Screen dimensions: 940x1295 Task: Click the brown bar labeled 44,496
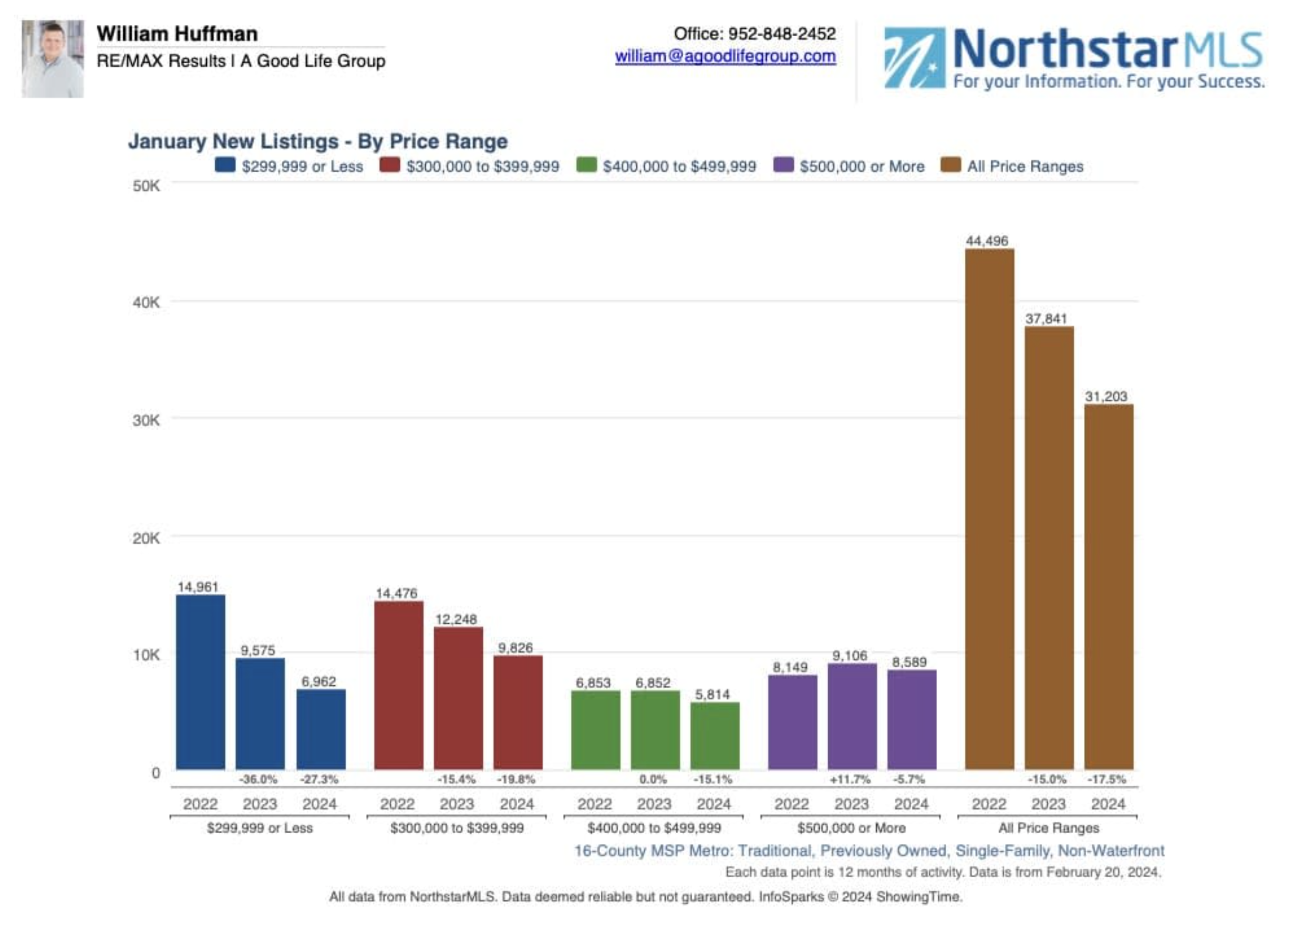coord(989,508)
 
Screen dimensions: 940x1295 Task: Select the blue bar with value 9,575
coord(260,714)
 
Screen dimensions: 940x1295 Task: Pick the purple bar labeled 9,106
coord(852,716)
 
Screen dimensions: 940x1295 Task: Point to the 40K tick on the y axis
coord(146,302)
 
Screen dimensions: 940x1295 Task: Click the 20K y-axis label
coord(146,538)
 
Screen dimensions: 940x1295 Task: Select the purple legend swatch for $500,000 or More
coord(783,165)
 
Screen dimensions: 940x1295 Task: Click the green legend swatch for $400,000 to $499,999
coord(586,165)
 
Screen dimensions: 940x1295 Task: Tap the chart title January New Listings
coord(317,141)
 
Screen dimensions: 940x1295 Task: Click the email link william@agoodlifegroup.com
coord(725,56)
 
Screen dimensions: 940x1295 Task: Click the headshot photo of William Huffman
coord(53,59)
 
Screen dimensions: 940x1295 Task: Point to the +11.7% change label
coord(850,779)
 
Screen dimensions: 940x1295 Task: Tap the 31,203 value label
coord(1105,396)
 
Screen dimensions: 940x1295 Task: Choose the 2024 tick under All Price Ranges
coord(1108,804)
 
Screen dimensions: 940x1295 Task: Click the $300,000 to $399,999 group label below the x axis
coord(457,827)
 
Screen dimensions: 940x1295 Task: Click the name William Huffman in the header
coord(177,33)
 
